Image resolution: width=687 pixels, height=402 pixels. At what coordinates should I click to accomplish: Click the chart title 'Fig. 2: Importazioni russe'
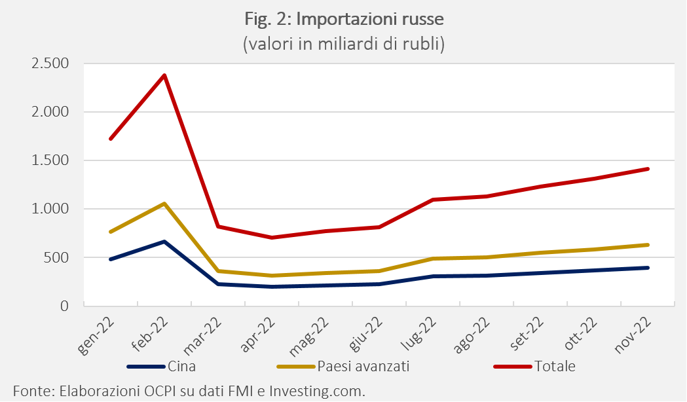click(343, 20)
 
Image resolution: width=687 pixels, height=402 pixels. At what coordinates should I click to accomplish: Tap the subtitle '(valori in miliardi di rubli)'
click(343, 45)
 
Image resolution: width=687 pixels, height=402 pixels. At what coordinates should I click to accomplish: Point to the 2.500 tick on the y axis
click(50, 64)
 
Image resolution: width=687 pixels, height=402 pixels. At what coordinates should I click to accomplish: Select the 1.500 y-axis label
click(50, 160)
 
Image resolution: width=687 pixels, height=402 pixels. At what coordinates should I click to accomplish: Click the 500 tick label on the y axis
click(57, 257)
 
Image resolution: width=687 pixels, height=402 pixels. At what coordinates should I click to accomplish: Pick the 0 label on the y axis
click(64, 306)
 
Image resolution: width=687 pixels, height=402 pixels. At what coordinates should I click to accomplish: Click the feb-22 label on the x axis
click(152, 333)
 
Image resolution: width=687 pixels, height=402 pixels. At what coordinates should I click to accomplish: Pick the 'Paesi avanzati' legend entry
click(363, 367)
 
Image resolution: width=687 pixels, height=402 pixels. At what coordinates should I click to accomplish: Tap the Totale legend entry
click(554, 367)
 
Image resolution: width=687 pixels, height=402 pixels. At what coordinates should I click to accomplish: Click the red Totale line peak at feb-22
click(164, 75)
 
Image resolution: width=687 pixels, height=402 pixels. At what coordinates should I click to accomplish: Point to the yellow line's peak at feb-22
click(164, 204)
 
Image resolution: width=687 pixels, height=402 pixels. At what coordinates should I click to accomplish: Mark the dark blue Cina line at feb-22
click(164, 242)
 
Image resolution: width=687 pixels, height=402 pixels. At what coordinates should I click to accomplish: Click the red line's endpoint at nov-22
click(647, 169)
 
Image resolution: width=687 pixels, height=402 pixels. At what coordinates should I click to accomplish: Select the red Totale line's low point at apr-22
click(272, 237)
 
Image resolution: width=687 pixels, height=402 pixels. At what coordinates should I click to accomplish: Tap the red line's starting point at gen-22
click(111, 139)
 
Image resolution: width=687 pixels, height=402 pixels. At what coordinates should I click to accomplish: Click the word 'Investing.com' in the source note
click(320, 391)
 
